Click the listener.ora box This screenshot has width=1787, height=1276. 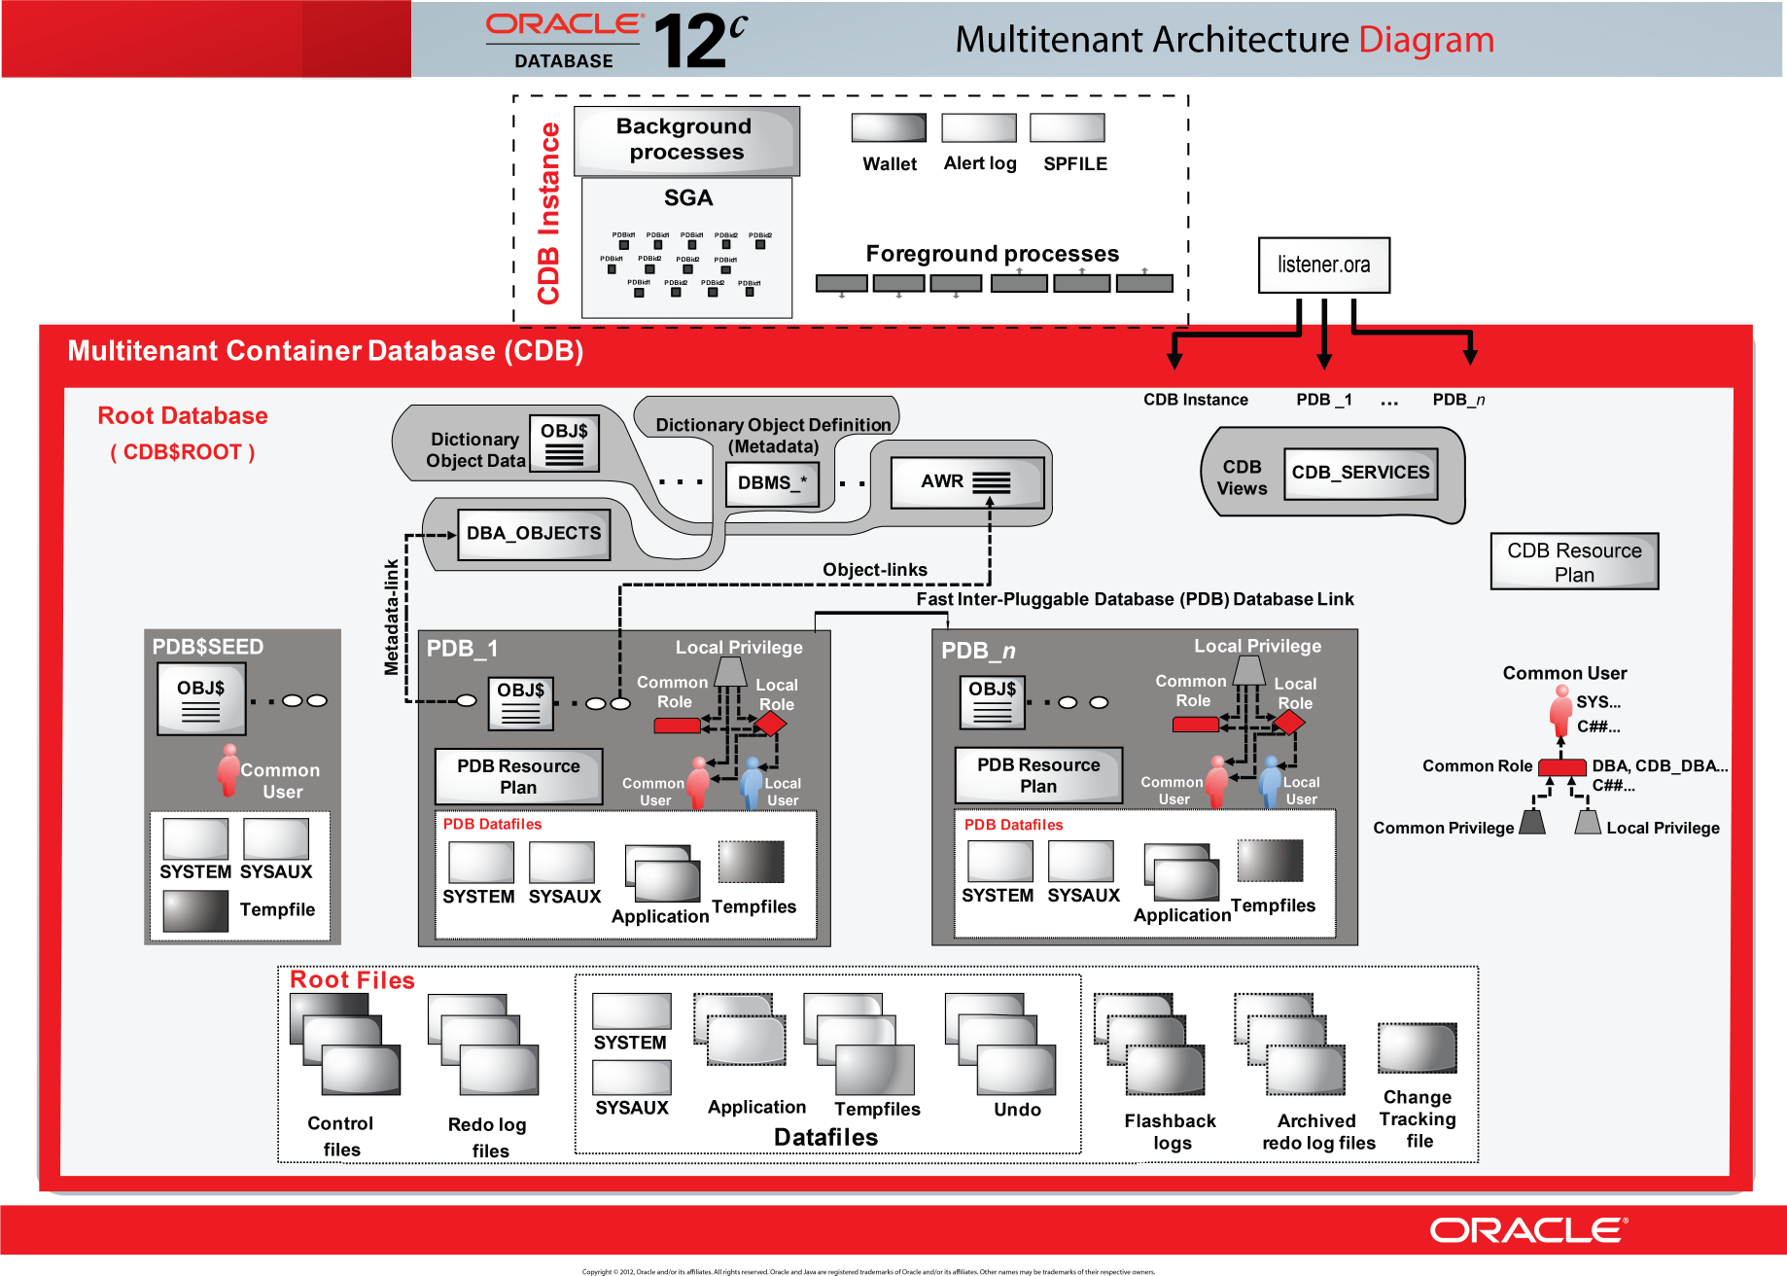coord(1323,265)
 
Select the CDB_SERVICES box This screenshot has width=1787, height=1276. coord(1360,473)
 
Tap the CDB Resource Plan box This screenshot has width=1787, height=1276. coord(1574,561)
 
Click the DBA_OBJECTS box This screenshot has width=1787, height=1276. coord(534,534)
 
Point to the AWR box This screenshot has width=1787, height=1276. coord(966,482)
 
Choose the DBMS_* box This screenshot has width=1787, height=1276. coord(772,483)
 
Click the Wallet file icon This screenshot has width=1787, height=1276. coord(889,128)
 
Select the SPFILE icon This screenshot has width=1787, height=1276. coord(1067,128)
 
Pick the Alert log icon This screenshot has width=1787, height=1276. coord(979,128)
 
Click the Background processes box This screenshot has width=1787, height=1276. coord(685,140)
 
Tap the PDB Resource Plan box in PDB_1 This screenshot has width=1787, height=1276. coord(518,776)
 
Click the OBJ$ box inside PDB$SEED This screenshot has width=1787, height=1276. coord(201,698)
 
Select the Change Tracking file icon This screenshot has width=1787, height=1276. coord(1417,1048)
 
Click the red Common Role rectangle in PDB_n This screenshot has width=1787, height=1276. coord(1195,725)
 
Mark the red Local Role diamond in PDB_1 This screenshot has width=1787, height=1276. coord(770,724)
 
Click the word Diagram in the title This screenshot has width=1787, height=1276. coord(1425,40)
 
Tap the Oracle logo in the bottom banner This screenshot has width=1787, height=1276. coord(1527,1230)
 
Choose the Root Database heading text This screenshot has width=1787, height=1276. coord(183,416)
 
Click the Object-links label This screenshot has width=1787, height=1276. coord(874,570)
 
